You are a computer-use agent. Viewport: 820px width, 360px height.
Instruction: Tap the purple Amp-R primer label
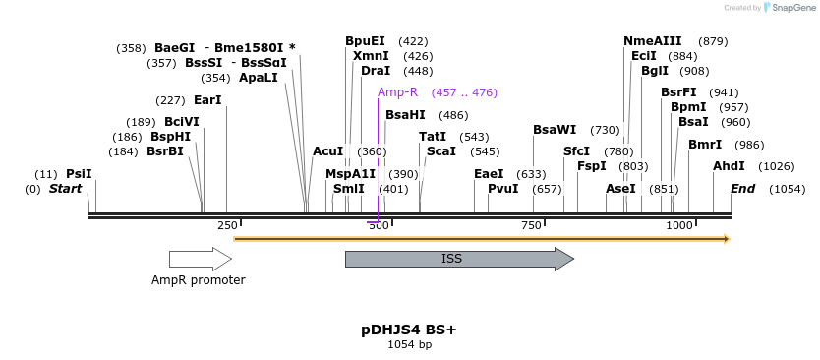click(x=397, y=92)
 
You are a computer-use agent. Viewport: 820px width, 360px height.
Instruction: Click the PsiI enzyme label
click(x=79, y=174)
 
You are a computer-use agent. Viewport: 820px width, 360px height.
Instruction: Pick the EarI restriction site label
click(x=207, y=100)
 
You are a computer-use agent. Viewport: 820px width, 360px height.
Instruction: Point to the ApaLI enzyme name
click(x=258, y=78)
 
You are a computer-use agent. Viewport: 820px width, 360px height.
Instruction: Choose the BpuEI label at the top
click(x=365, y=41)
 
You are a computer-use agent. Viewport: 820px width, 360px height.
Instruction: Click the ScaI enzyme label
click(x=441, y=151)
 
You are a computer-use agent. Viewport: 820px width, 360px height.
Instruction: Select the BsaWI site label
click(x=555, y=130)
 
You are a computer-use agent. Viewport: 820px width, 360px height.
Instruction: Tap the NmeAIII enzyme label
click(x=652, y=41)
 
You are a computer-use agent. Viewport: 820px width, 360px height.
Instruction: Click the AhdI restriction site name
click(x=729, y=166)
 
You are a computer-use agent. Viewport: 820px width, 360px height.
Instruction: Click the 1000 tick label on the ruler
click(x=679, y=226)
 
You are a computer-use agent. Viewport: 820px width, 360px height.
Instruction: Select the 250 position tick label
click(x=227, y=226)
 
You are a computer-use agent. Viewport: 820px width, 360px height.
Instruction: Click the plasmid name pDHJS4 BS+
click(x=409, y=330)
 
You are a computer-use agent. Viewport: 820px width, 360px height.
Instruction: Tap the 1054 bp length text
click(x=409, y=345)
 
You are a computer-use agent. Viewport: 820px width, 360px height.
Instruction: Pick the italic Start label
click(x=65, y=189)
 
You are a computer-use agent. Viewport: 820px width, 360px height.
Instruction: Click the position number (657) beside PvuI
click(x=547, y=189)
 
